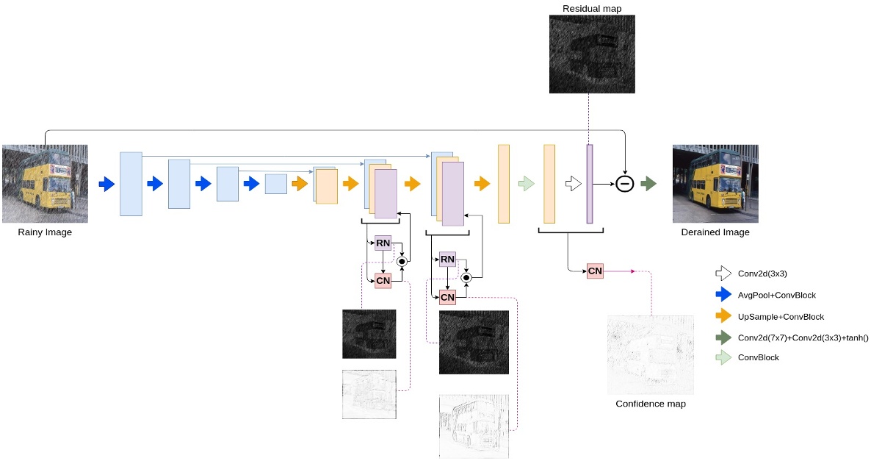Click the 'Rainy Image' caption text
tap(45, 232)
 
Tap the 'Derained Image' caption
tap(715, 232)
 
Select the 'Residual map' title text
tap(592, 8)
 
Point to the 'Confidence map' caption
tap(650, 404)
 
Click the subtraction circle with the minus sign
tap(624, 184)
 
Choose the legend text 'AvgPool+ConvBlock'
tap(778, 295)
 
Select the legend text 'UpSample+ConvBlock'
tap(781, 316)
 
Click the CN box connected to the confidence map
tap(595, 271)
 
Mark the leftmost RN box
tap(383, 243)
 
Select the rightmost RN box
tap(447, 260)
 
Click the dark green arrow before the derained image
tap(648, 184)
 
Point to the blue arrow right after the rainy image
tap(106, 184)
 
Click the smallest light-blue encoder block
tap(275, 184)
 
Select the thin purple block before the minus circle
tap(589, 184)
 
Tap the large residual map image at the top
tap(592, 54)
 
